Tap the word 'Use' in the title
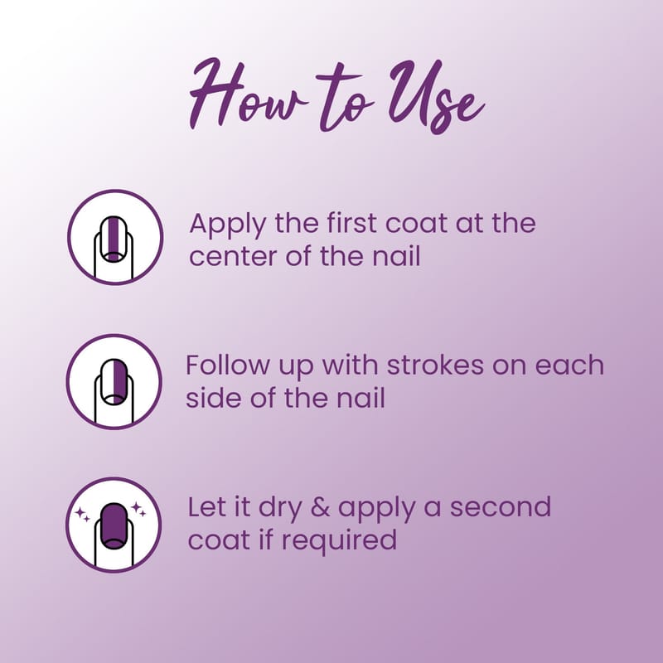click(437, 96)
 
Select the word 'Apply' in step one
click(228, 225)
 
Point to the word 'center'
click(234, 257)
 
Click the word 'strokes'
click(436, 365)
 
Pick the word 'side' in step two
click(214, 398)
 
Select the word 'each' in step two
click(569, 365)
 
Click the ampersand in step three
click(320, 507)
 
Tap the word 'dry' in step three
click(280, 509)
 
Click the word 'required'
click(339, 541)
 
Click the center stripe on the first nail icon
click(114, 237)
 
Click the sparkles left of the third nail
click(82, 515)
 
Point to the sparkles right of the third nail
click(138, 509)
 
